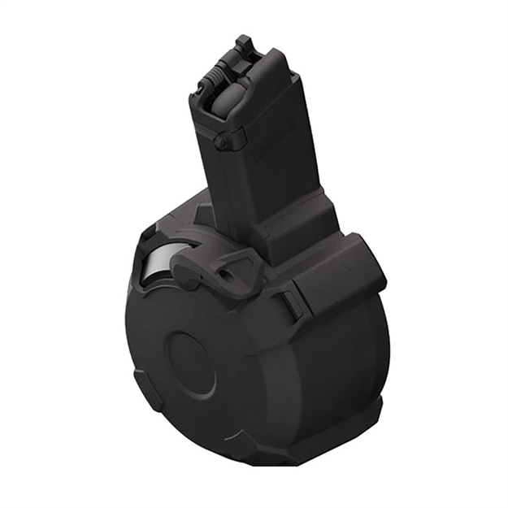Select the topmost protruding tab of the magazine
(x=243, y=42)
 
